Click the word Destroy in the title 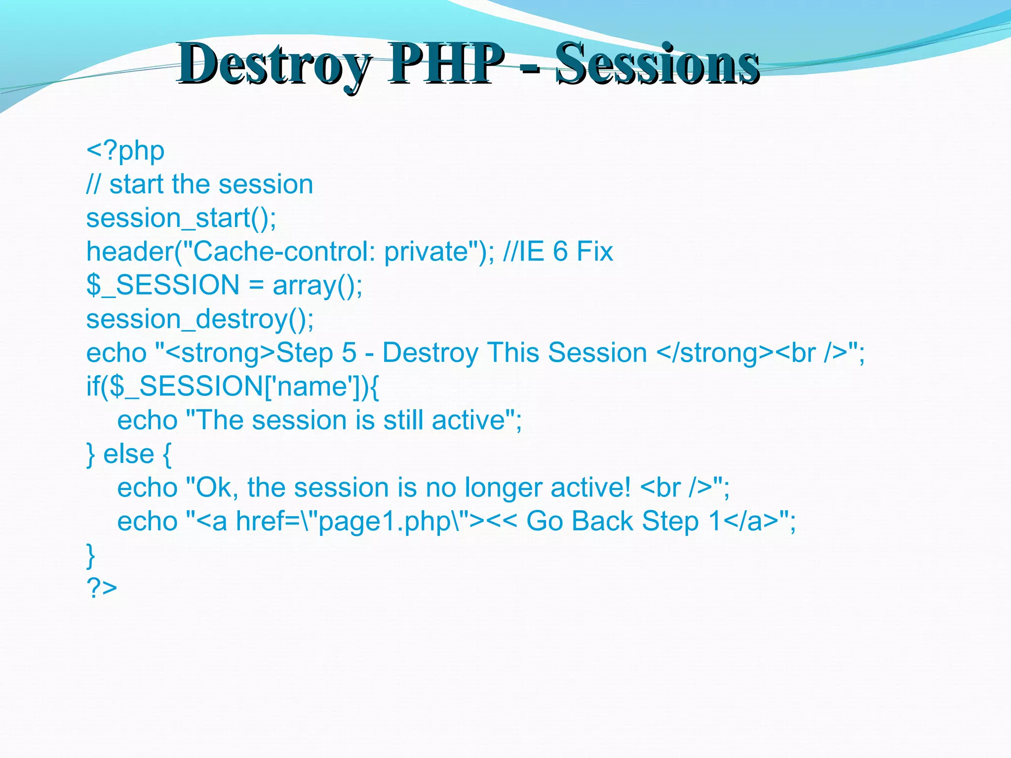click(x=274, y=64)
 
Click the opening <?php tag click(x=125, y=151)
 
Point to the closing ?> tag click(x=102, y=587)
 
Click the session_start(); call click(x=181, y=218)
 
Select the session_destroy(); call click(x=200, y=319)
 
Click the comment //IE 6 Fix click(x=558, y=252)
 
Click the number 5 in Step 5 click(x=349, y=353)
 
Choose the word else click(x=128, y=454)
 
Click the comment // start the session click(x=199, y=185)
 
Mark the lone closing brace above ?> click(x=91, y=555)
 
